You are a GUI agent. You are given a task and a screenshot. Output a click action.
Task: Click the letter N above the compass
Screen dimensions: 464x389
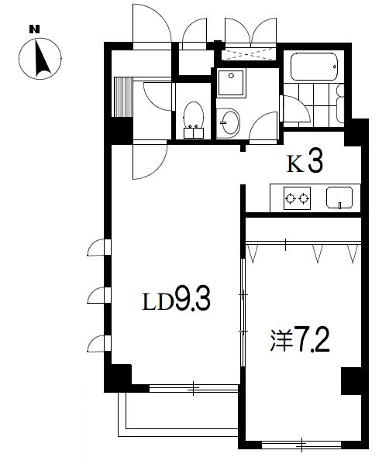pyautogui.click(x=33, y=29)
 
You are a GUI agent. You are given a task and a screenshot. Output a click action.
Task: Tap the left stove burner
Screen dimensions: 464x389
pyautogui.click(x=291, y=198)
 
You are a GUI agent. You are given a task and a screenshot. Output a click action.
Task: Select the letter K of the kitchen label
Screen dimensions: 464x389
pyautogui.click(x=295, y=164)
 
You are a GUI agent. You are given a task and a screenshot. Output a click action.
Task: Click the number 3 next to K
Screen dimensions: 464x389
pyautogui.click(x=315, y=163)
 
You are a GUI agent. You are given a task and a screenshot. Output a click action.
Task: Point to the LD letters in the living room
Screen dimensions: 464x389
pyautogui.click(x=156, y=301)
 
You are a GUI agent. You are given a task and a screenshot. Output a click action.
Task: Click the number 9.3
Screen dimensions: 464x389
pyautogui.click(x=193, y=300)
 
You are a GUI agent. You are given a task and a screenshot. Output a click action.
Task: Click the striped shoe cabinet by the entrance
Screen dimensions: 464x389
pyautogui.click(x=122, y=97)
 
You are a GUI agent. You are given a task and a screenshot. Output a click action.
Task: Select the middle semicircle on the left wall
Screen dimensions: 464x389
pyautogui.click(x=98, y=296)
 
